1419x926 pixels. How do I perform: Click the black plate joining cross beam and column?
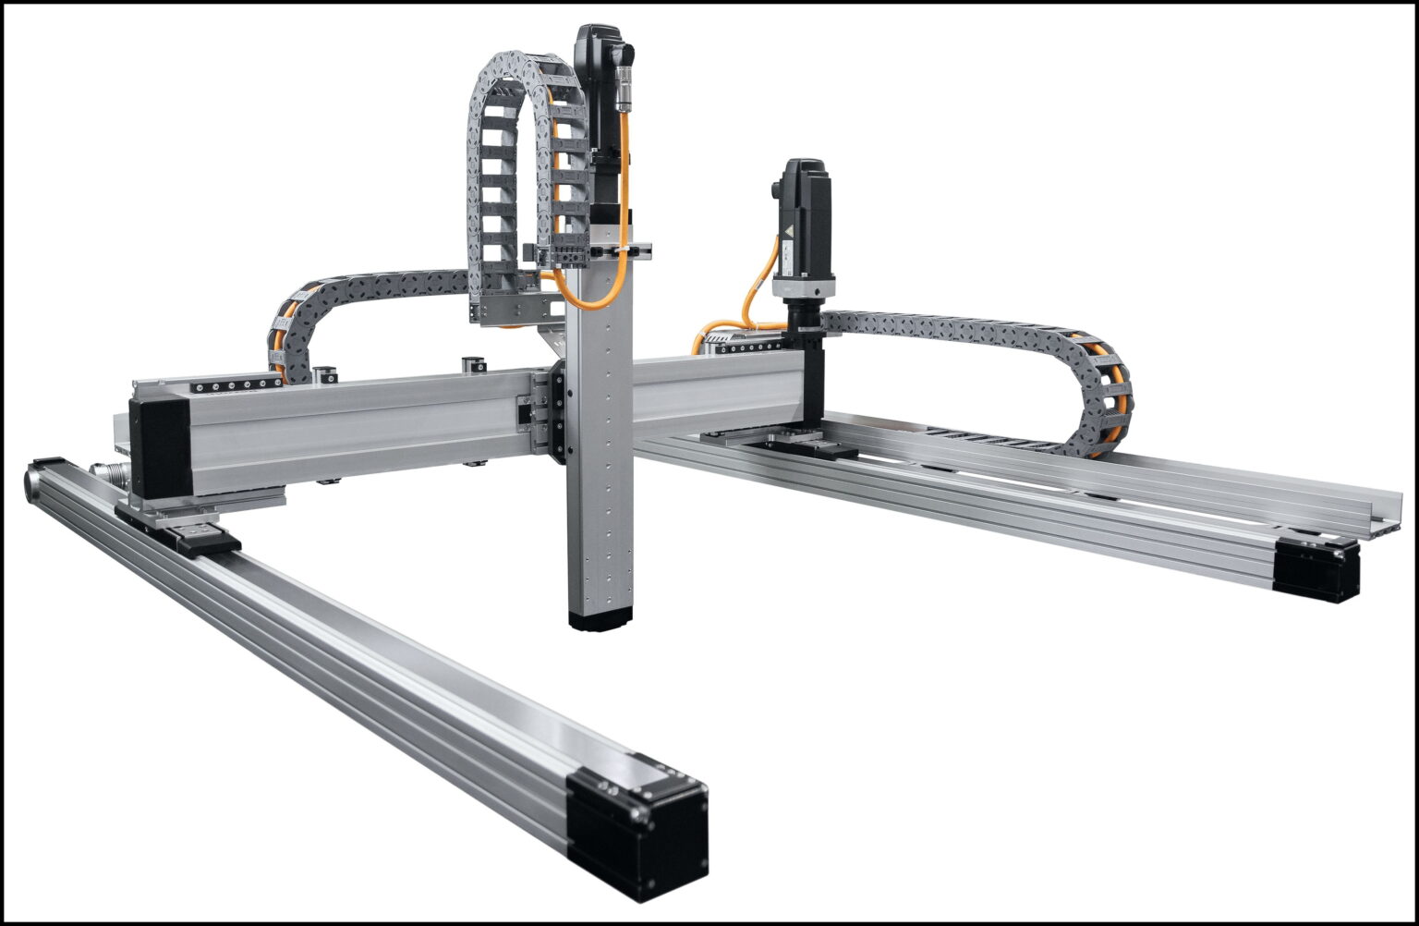(x=557, y=411)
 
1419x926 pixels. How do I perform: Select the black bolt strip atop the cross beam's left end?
(x=236, y=384)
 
